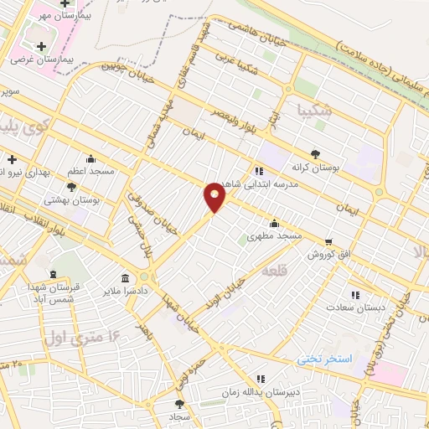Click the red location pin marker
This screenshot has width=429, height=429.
[x=214, y=196]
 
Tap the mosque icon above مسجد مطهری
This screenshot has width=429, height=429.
[x=275, y=222]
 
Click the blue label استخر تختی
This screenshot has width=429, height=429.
[x=327, y=359]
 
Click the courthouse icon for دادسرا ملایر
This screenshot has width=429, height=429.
[x=126, y=278]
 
